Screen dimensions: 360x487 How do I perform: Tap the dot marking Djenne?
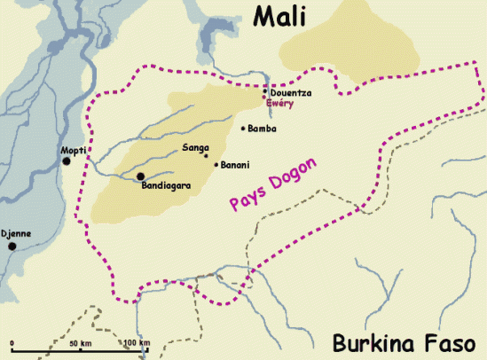point(12,246)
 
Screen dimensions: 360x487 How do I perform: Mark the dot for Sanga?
point(207,155)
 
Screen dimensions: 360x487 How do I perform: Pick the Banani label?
point(235,164)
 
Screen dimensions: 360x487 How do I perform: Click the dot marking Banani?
point(216,163)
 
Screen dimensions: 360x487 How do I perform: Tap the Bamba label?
point(263,129)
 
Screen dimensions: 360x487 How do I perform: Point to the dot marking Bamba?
point(244,129)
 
